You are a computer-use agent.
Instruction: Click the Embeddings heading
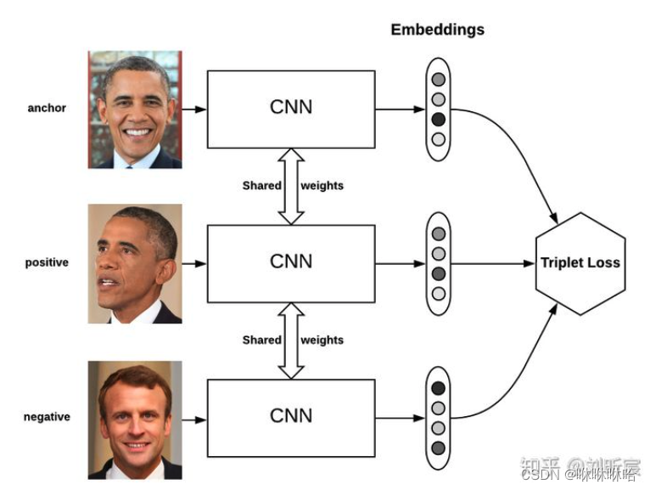coord(437,30)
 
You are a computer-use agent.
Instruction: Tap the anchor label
coord(47,108)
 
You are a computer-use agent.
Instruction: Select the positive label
coord(47,262)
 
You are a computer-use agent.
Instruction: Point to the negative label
coord(47,417)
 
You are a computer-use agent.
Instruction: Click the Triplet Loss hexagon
coord(580,263)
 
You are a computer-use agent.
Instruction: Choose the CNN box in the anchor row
coord(291,108)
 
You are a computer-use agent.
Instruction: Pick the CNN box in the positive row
coord(291,262)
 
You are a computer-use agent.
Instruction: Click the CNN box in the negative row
coord(291,416)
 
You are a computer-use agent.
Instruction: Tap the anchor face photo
coord(135,109)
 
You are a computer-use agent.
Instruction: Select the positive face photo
coord(135,264)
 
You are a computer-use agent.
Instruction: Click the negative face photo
coord(135,420)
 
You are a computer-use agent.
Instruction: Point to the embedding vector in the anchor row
coord(438,109)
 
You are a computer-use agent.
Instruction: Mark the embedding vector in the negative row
coord(438,418)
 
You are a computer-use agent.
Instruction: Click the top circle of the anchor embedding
coord(438,80)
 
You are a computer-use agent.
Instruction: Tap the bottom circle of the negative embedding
coord(438,448)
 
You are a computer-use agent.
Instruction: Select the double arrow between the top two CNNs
coord(291,186)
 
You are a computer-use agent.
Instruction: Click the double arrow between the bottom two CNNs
coord(291,341)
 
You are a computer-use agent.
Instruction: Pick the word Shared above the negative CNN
coord(261,340)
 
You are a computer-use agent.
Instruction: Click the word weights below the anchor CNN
coord(322,185)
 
